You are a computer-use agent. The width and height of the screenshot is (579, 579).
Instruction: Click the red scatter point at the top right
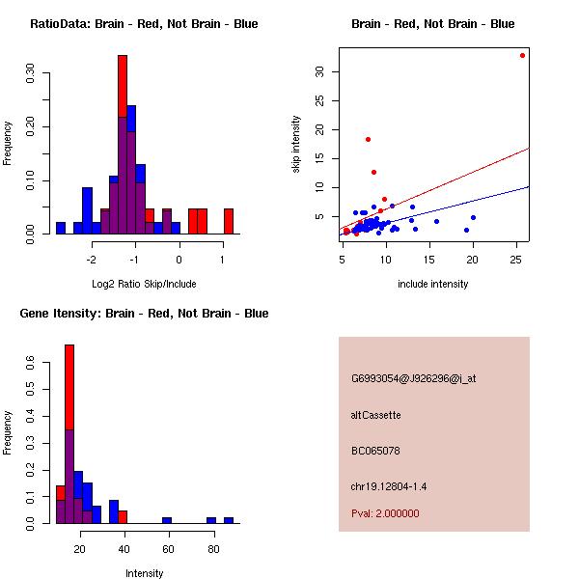click(522, 55)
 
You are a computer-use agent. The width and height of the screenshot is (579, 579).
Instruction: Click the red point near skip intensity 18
click(368, 139)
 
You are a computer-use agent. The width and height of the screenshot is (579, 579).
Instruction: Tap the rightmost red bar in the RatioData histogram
click(228, 221)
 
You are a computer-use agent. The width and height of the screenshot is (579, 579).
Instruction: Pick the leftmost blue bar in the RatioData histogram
click(61, 228)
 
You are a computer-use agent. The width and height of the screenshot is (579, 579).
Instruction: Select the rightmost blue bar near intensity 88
click(229, 520)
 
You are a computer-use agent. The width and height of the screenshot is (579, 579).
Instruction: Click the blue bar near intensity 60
click(167, 520)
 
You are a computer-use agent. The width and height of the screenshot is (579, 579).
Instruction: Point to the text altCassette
click(375, 415)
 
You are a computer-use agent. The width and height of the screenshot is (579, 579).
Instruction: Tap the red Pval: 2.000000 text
click(385, 513)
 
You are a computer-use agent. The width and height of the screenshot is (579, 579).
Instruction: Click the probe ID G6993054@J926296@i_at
click(413, 378)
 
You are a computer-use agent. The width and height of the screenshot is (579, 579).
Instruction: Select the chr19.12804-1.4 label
click(388, 486)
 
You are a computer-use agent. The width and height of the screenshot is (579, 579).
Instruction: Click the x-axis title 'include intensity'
click(432, 284)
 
